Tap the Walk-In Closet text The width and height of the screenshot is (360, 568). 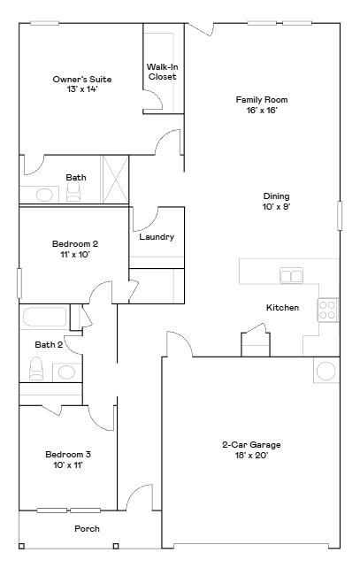tap(162, 72)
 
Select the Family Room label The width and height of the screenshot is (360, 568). tap(261, 100)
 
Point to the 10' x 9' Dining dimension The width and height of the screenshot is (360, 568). tap(276, 206)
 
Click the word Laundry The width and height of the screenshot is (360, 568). tap(157, 237)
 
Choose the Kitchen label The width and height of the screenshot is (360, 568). tap(282, 308)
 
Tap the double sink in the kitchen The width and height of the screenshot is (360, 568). tap(291, 276)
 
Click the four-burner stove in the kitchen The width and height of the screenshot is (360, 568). tap(327, 309)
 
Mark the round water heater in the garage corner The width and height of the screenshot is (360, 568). tap(326, 370)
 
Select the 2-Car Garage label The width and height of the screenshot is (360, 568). tap(251, 445)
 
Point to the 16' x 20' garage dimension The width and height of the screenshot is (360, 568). tap(251, 456)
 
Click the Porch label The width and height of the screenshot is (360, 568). tap(87, 529)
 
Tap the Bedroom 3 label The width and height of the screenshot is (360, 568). tap(68, 455)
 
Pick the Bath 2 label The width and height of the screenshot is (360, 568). tap(49, 344)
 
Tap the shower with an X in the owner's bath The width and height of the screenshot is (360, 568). tap(115, 180)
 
